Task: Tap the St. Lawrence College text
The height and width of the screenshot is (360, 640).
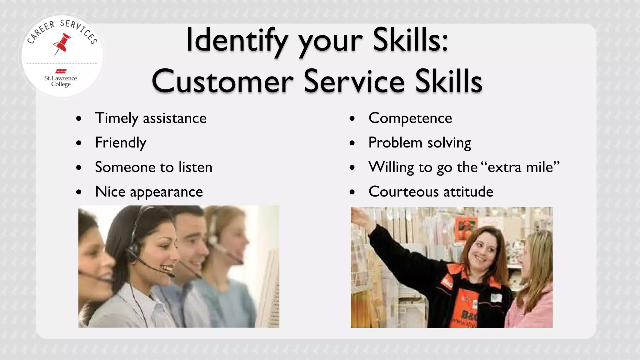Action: (61, 81)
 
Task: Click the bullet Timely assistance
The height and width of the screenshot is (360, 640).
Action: (151, 118)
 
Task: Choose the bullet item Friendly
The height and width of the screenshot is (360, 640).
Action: (121, 143)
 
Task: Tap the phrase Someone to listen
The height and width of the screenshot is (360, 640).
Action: (153, 167)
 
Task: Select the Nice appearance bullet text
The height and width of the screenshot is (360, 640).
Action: (149, 192)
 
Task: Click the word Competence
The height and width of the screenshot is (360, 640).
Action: (410, 118)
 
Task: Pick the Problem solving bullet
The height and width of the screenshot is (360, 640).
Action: (419, 143)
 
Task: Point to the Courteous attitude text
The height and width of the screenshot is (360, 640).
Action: (431, 192)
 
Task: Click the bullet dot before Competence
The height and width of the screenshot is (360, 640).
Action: (352, 119)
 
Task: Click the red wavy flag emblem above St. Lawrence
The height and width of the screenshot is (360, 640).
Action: (61, 71)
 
